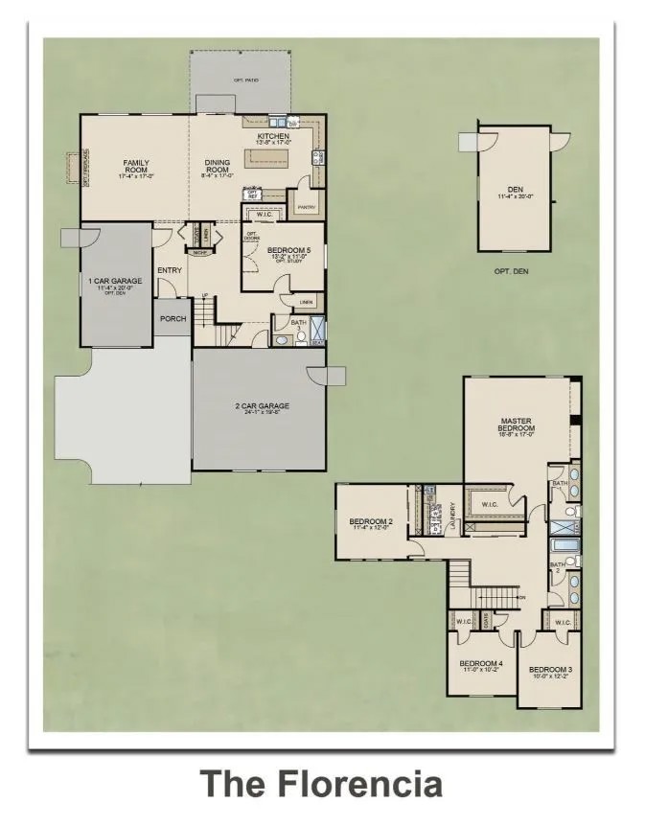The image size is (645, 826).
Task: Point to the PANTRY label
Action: (307, 207)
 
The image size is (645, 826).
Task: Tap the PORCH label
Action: (173, 318)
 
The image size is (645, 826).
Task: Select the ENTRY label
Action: (170, 270)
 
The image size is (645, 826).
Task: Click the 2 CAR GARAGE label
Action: (262, 406)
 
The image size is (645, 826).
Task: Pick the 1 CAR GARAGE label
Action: (115, 281)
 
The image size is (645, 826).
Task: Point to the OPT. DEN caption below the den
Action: (512, 271)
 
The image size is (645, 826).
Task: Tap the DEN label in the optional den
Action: (515, 188)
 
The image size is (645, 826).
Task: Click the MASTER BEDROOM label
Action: (516, 425)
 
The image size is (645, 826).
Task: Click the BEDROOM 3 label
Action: (550, 668)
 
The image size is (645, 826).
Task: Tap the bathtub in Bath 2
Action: (563, 547)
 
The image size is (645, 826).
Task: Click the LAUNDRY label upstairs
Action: (451, 517)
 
